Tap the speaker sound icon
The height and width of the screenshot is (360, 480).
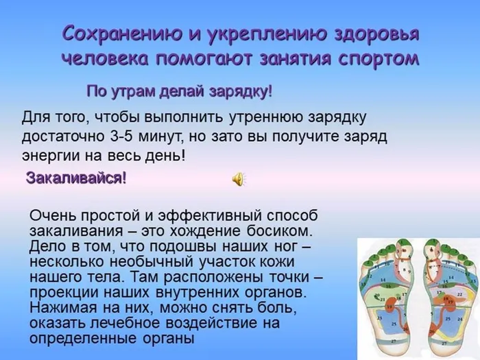238,179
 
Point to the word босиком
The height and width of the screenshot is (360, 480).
280,230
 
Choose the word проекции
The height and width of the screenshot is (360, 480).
60,291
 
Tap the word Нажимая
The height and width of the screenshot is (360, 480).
60,306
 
